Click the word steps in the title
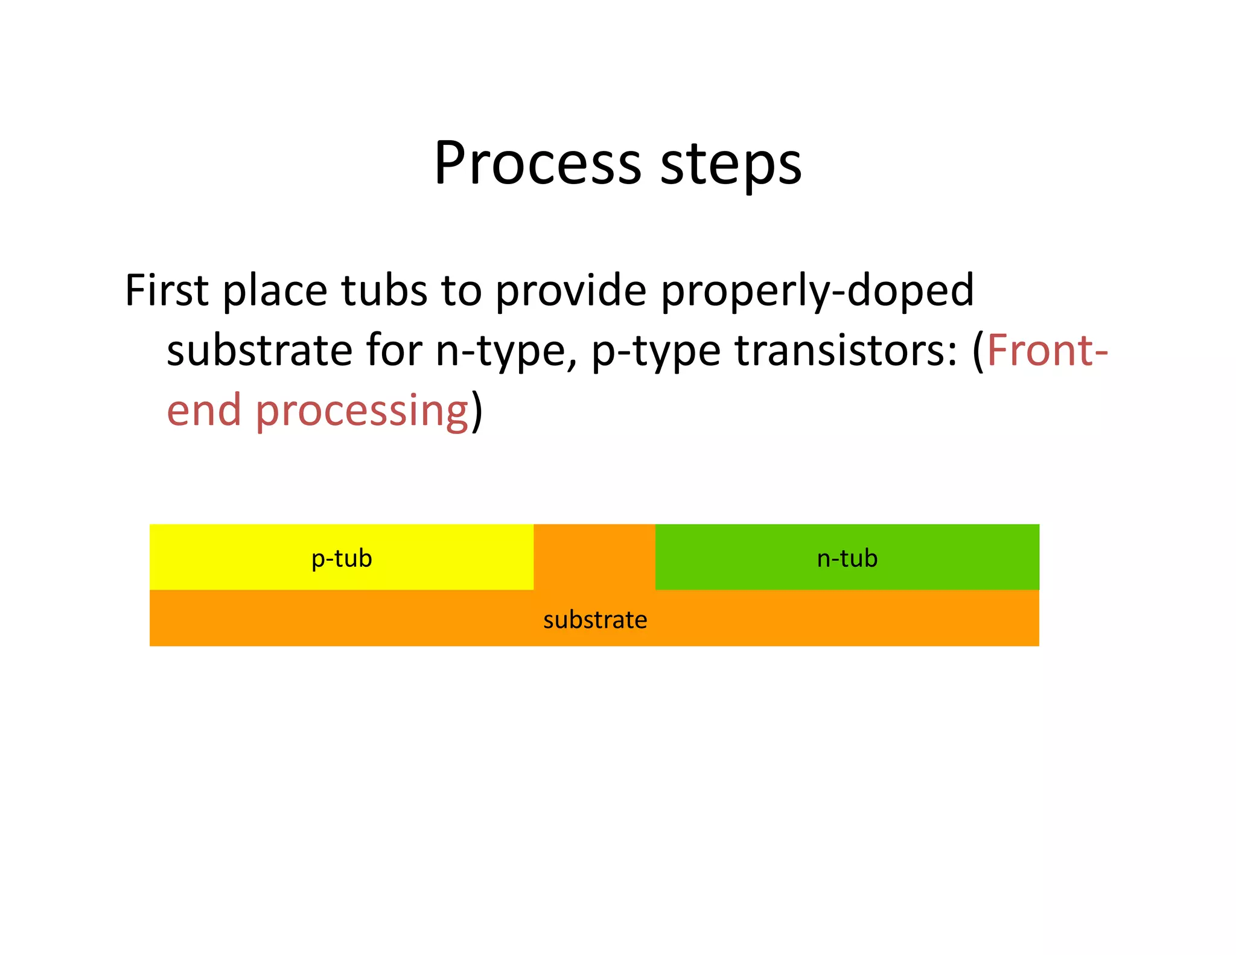(x=731, y=164)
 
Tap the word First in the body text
(x=167, y=291)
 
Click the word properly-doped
(x=817, y=291)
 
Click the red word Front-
(x=1047, y=351)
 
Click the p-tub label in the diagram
(x=342, y=558)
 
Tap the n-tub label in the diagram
(x=847, y=558)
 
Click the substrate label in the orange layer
(x=594, y=620)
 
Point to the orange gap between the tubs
(x=594, y=555)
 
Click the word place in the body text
(x=275, y=291)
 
